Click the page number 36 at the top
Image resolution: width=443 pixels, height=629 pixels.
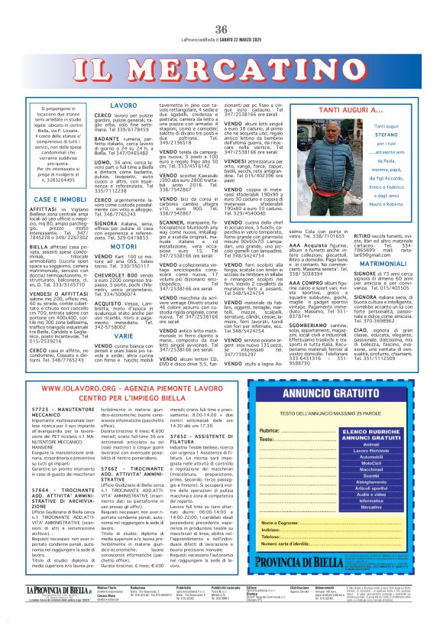click(221, 29)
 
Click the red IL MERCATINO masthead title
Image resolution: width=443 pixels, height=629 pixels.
click(221, 72)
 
